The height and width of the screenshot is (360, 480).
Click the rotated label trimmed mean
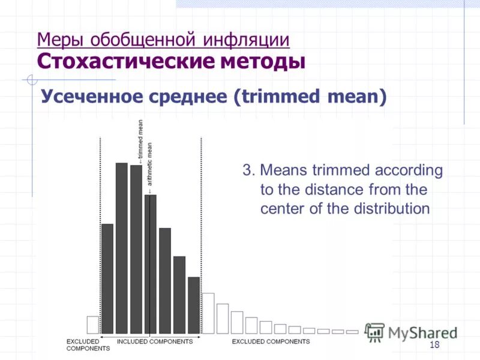140,141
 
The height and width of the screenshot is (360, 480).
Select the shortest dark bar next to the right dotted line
194,305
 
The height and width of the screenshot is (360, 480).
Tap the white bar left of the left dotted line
92,325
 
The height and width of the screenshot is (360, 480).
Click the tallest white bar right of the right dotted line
208,313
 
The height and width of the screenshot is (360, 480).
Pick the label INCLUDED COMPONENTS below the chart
154,341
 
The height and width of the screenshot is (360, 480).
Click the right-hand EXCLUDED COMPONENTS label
271,341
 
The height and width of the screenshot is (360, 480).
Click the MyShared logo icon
375,332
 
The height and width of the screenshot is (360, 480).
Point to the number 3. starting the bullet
249,170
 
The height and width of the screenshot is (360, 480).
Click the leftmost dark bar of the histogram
107,278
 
